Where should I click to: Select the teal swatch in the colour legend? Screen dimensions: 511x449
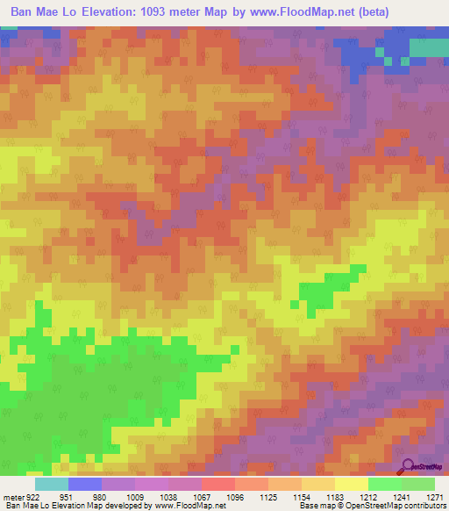52,484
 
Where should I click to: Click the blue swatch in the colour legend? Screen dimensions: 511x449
85,484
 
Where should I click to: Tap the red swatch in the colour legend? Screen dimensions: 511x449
217,484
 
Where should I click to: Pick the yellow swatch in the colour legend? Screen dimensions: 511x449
351,484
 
